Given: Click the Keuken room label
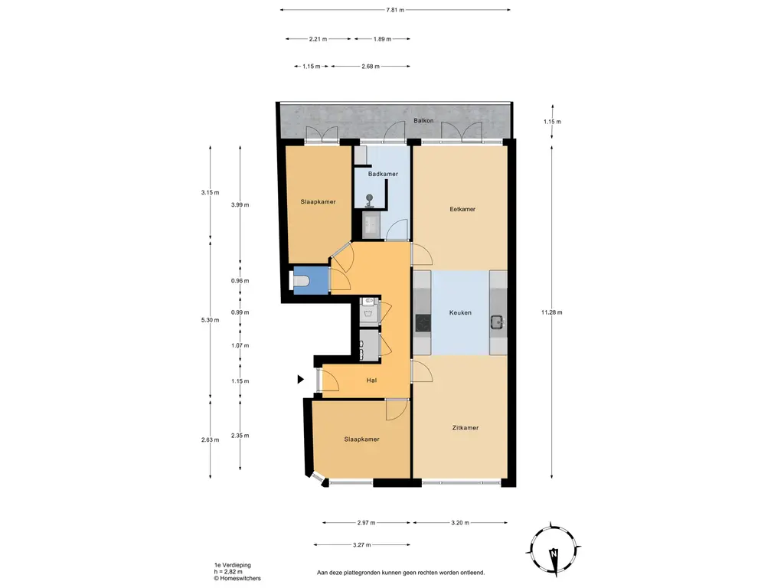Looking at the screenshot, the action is pyautogui.click(x=460, y=312).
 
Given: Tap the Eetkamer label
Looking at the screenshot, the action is pyautogui.click(x=462, y=209).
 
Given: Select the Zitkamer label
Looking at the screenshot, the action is pyautogui.click(x=465, y=427).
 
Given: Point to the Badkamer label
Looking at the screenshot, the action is pyautogui.click(x=383, y=174).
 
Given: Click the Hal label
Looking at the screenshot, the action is pyautogui.click(x=371, y=381).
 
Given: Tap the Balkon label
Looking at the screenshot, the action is pyautogui.click(x=423, y=120).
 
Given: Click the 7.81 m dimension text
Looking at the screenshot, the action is pyautogui.click(x=395, y=9).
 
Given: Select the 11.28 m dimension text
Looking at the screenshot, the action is pyautogui.click(x=551, y=312).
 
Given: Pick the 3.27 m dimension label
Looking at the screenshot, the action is pyautogui.click(x=361, y=545).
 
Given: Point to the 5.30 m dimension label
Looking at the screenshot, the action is pyautogui.click(x=210, y=320).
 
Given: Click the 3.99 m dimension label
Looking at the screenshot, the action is pyautogui.click(x=240, y=204).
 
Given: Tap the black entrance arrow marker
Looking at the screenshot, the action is pyautogui.click(x=300, y=380).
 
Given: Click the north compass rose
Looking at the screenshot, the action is pyautogui.click(x=553, y=549).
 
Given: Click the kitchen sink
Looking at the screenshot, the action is pyautogui.click(x=498, y=323).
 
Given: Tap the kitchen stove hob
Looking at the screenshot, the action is pyautogui.click(x=423, y=322).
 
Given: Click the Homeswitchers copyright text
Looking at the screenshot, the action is pyautogui.click(x=237, y=579).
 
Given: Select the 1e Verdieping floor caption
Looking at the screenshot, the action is pyautogui.click(x=233, y=565).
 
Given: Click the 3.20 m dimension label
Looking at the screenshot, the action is pyautogui.click(x=460, y=523).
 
